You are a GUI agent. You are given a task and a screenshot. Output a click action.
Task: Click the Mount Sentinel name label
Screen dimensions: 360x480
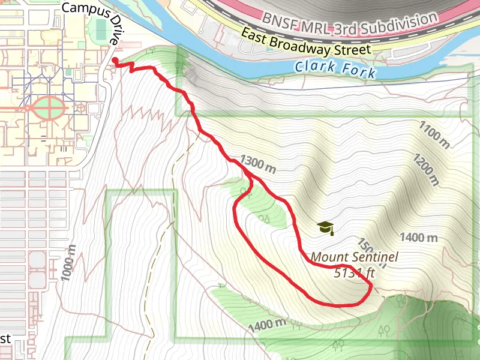coord(354,258)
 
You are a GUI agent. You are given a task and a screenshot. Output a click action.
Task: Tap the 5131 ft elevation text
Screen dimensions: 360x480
coord(354,273)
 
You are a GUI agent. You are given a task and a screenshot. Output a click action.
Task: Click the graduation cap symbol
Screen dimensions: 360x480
coord(325,227)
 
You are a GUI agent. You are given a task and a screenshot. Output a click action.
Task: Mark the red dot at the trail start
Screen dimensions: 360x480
coord(114,60)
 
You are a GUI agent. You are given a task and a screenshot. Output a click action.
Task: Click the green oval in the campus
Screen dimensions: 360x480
coord(49,109)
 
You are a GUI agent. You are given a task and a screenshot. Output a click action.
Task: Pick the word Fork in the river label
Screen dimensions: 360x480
coord(359,71)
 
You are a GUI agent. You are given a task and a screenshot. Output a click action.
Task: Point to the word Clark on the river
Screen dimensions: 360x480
coord(314,67)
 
